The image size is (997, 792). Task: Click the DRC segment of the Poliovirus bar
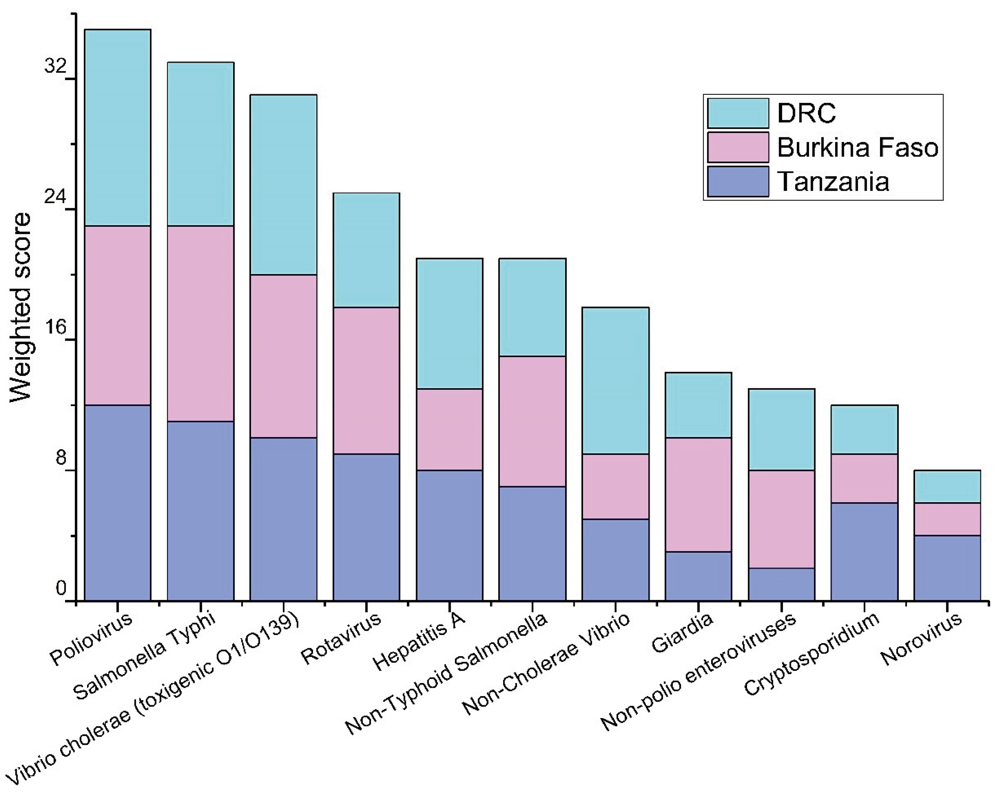click(x=117, y=127)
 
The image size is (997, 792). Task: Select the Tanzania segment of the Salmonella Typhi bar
click(x=200, y=511)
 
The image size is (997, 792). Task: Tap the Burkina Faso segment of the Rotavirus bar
click(x=366, y=380)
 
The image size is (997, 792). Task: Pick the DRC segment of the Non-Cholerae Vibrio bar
click(x=615, y=380)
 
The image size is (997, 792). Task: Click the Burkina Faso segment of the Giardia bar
click(x=698, y=494)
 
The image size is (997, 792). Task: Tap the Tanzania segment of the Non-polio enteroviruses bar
click(x=781, y=584)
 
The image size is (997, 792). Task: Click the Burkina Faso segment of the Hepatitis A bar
click(x=449, y=429)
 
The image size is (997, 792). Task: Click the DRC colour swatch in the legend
click(x=738, y=113)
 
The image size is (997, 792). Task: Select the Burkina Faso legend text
click(x=857, y=147)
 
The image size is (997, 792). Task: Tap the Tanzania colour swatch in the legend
click(x=738, y=182)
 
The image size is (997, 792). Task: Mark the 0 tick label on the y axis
click(x=60, y=589)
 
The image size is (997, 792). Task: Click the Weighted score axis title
click(x=21, y=307)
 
